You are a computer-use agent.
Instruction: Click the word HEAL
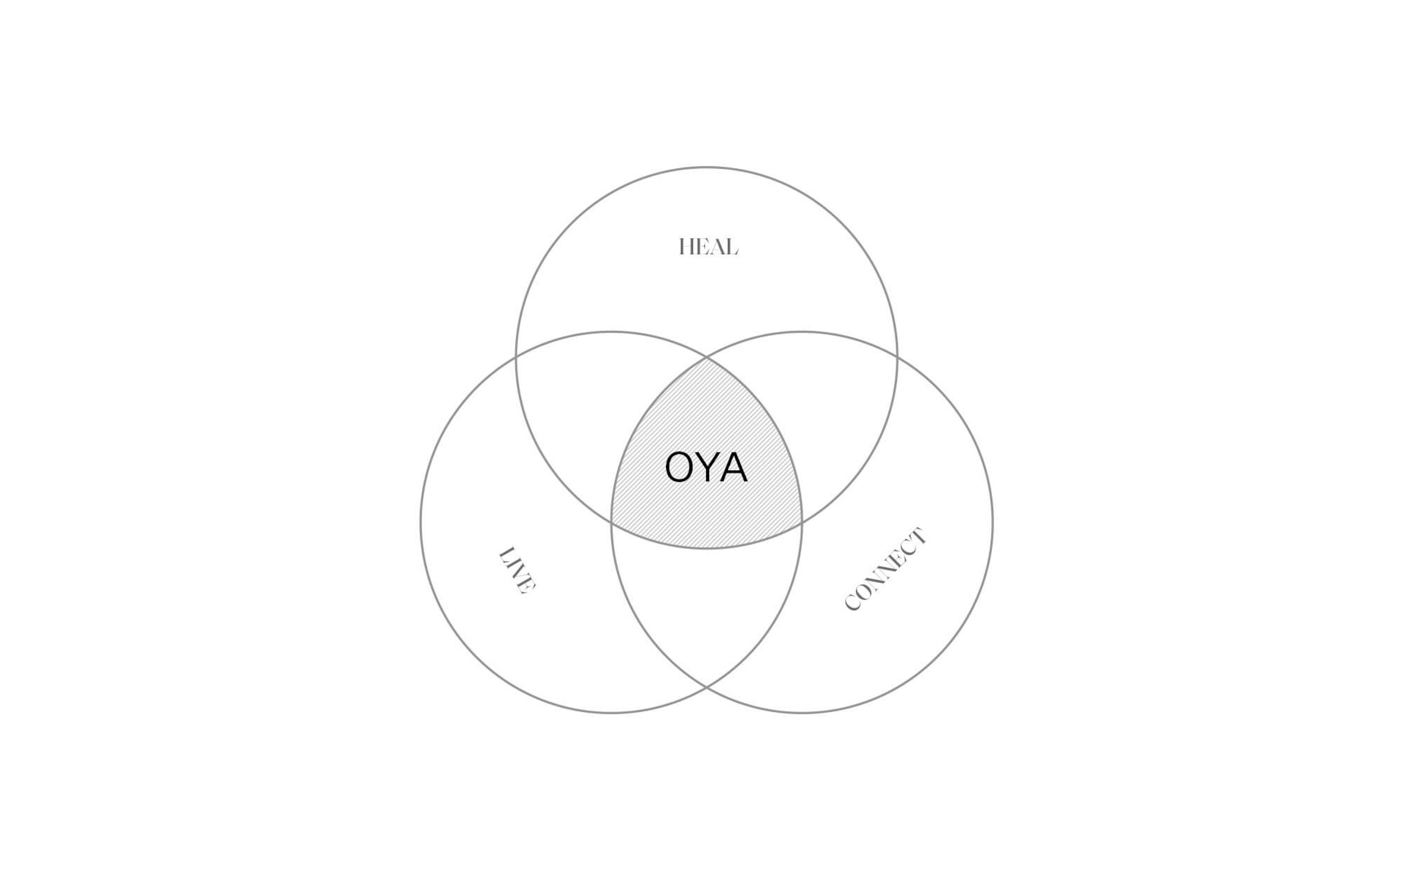(708, 247)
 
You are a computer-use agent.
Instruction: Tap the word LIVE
(517, 571)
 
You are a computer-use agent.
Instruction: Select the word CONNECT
(885, 569)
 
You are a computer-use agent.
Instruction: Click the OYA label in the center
(706, 467)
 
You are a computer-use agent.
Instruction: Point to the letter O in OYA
(679, 467)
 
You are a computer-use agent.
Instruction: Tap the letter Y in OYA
(706, 467)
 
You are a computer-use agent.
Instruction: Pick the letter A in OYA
(734, 467)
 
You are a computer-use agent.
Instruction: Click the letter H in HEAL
(686, 247)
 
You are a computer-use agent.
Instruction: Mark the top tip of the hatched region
(706, 357)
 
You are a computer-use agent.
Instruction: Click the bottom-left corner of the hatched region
(612, 523)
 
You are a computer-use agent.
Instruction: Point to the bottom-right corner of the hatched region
(802, 523)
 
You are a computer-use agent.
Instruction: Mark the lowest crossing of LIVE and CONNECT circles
(706, 688)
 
